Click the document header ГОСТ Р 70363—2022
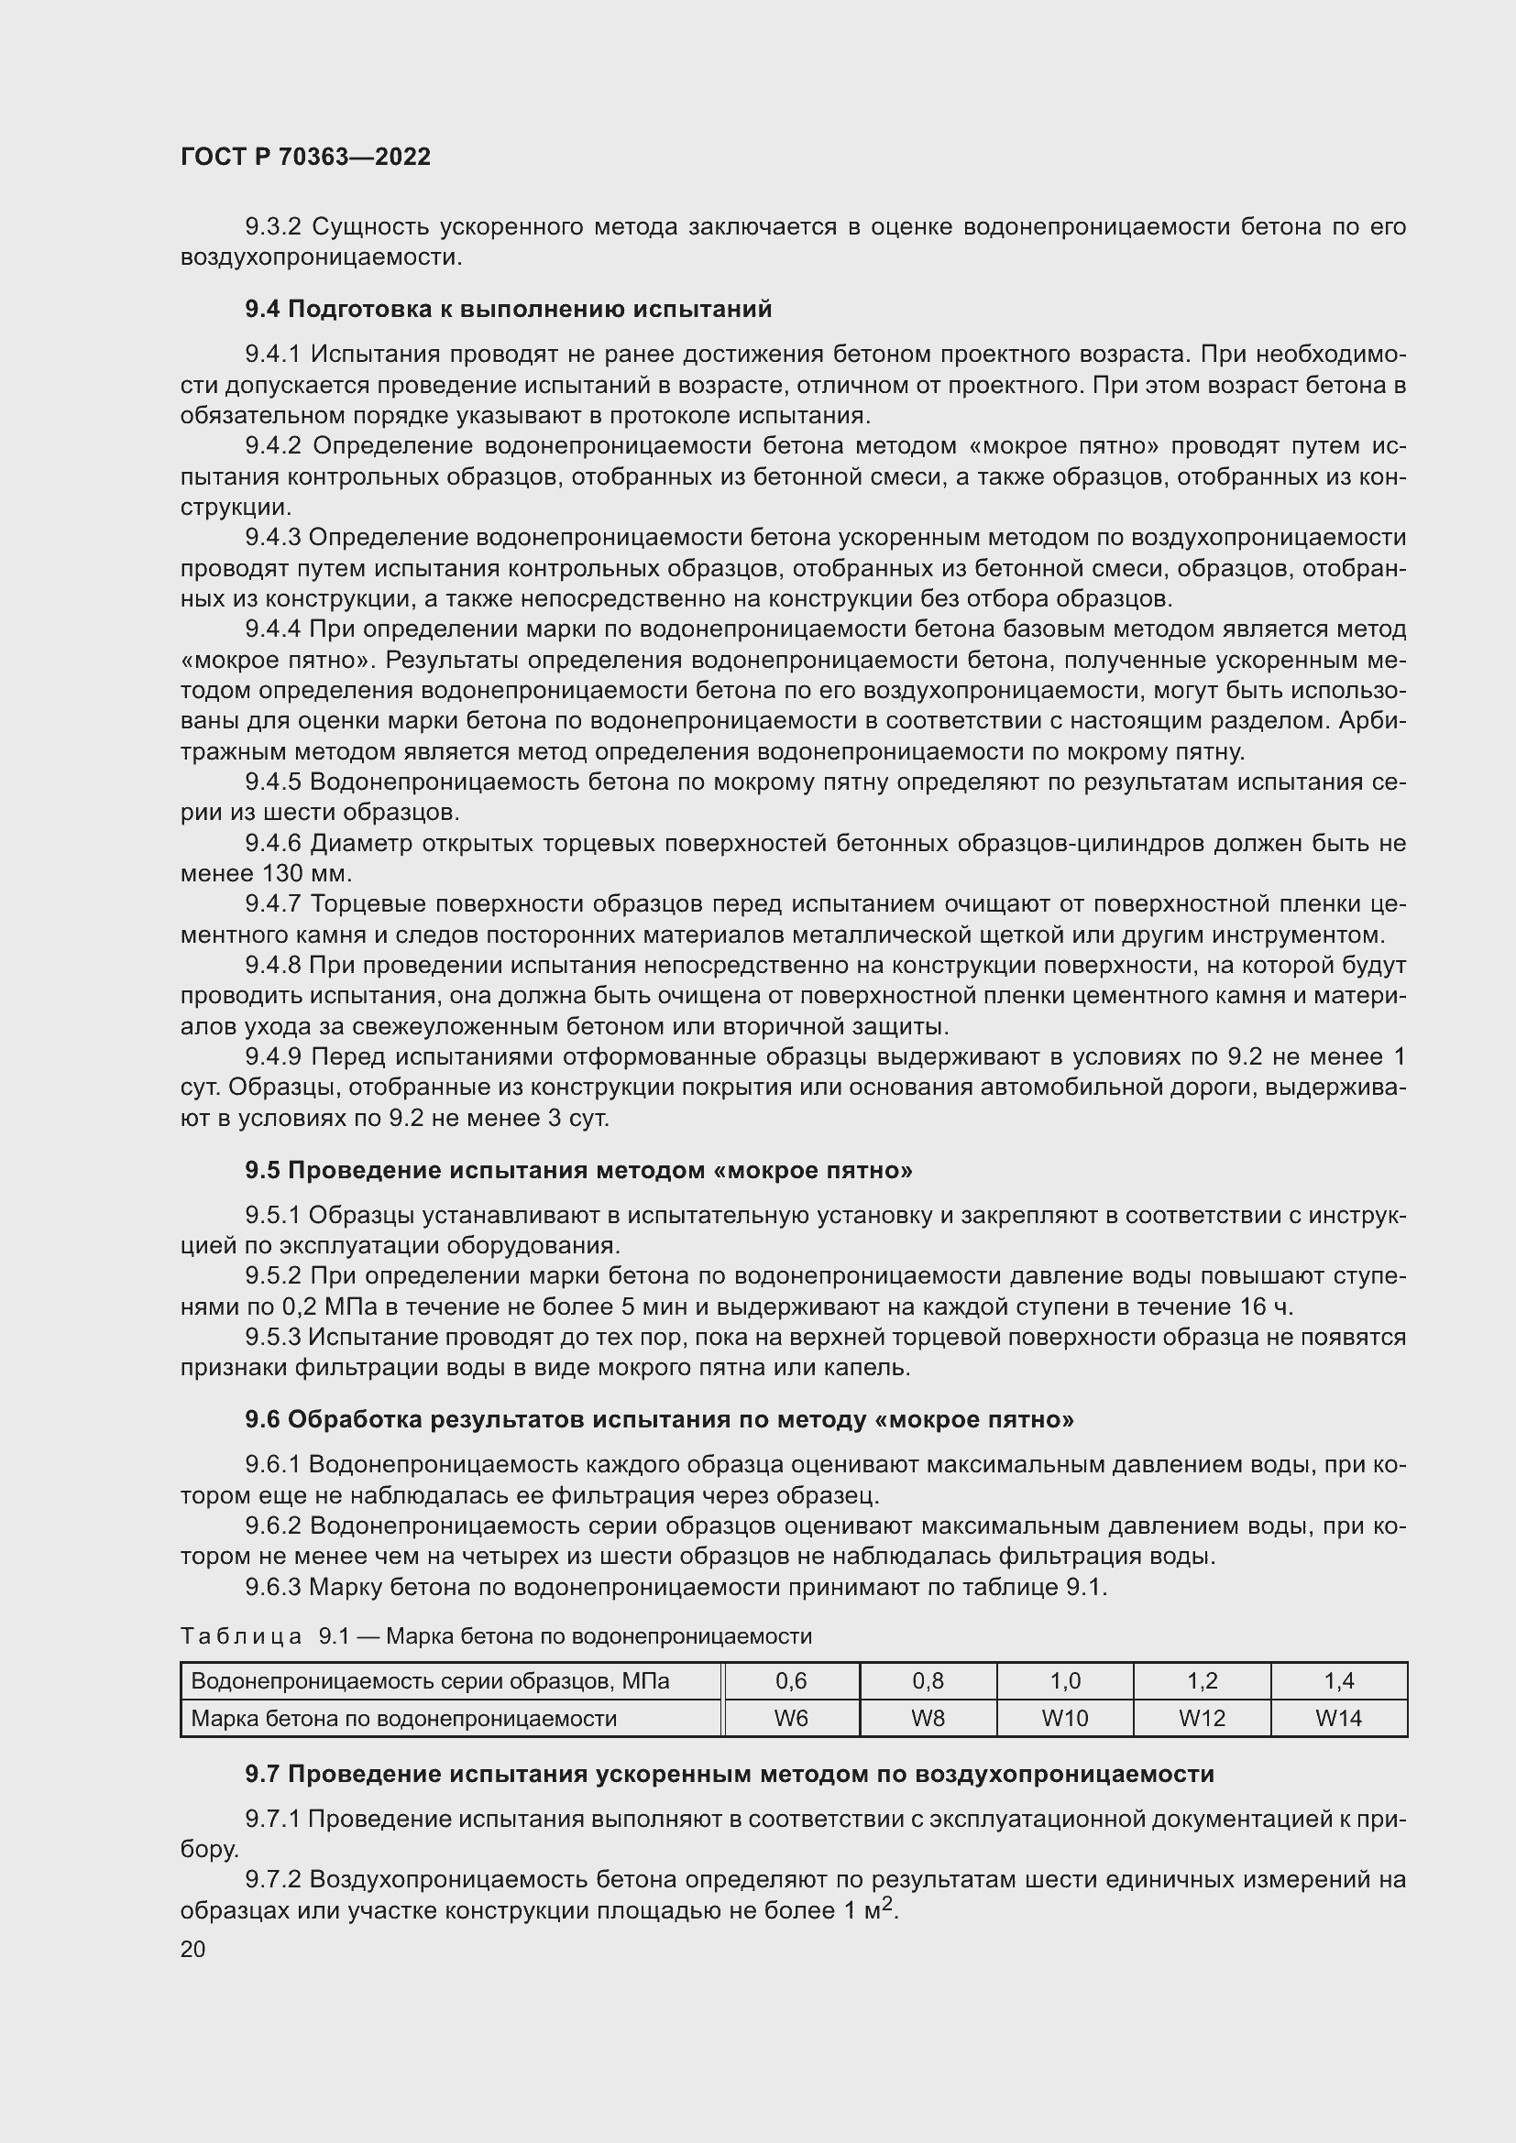305,157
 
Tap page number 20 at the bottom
192,1949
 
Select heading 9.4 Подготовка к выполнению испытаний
509,309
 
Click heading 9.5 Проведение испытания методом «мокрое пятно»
578,1170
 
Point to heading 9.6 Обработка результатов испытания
659,1419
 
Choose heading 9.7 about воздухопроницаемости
729,1775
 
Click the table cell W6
791,1718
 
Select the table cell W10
1064,1718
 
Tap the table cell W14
1337,1718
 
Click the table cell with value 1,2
1202,1682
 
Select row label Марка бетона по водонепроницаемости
403,1718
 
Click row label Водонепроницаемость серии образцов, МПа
429,1682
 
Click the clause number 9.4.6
272,844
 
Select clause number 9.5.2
272,1276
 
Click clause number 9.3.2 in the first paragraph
272,227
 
